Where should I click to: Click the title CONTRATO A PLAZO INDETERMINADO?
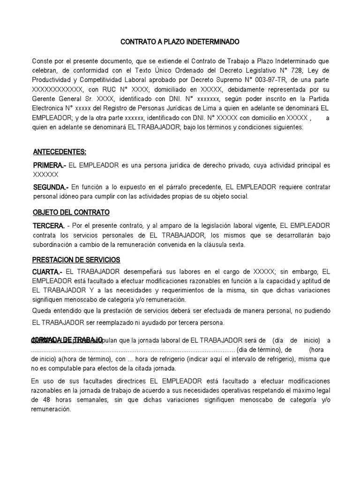tap(180, 42)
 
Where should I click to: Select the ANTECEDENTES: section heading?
tap(59, 152)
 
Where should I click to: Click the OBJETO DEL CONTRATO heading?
tap(71, 212)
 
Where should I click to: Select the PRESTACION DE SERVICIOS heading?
tap(76, 259)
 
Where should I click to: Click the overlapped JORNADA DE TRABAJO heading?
tap(67, 339)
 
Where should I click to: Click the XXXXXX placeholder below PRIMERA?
tap(45, 174)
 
